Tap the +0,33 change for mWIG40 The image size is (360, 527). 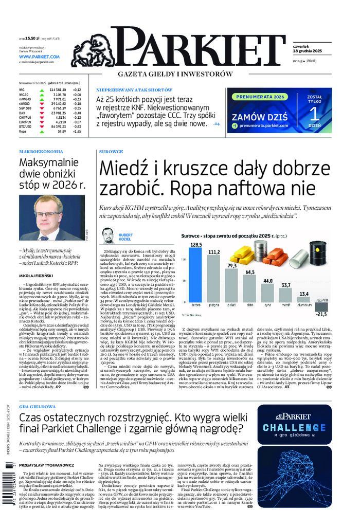tap(77, 99)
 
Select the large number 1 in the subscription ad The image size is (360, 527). tap(314, 114)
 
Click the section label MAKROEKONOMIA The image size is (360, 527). tap(41, 152)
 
